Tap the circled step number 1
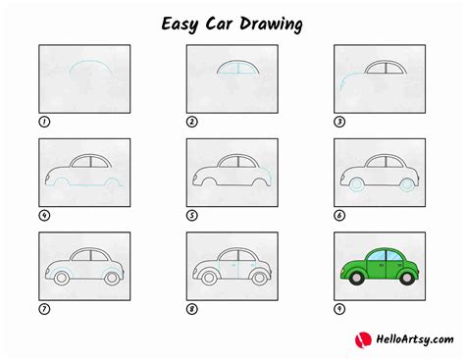click(43, 123)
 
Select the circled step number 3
click(339, 123)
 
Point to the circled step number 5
click(192, 216)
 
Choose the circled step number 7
click(43, 309)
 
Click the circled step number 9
click(339, 309)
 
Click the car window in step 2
click(232, 70)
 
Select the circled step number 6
click(339, 216)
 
